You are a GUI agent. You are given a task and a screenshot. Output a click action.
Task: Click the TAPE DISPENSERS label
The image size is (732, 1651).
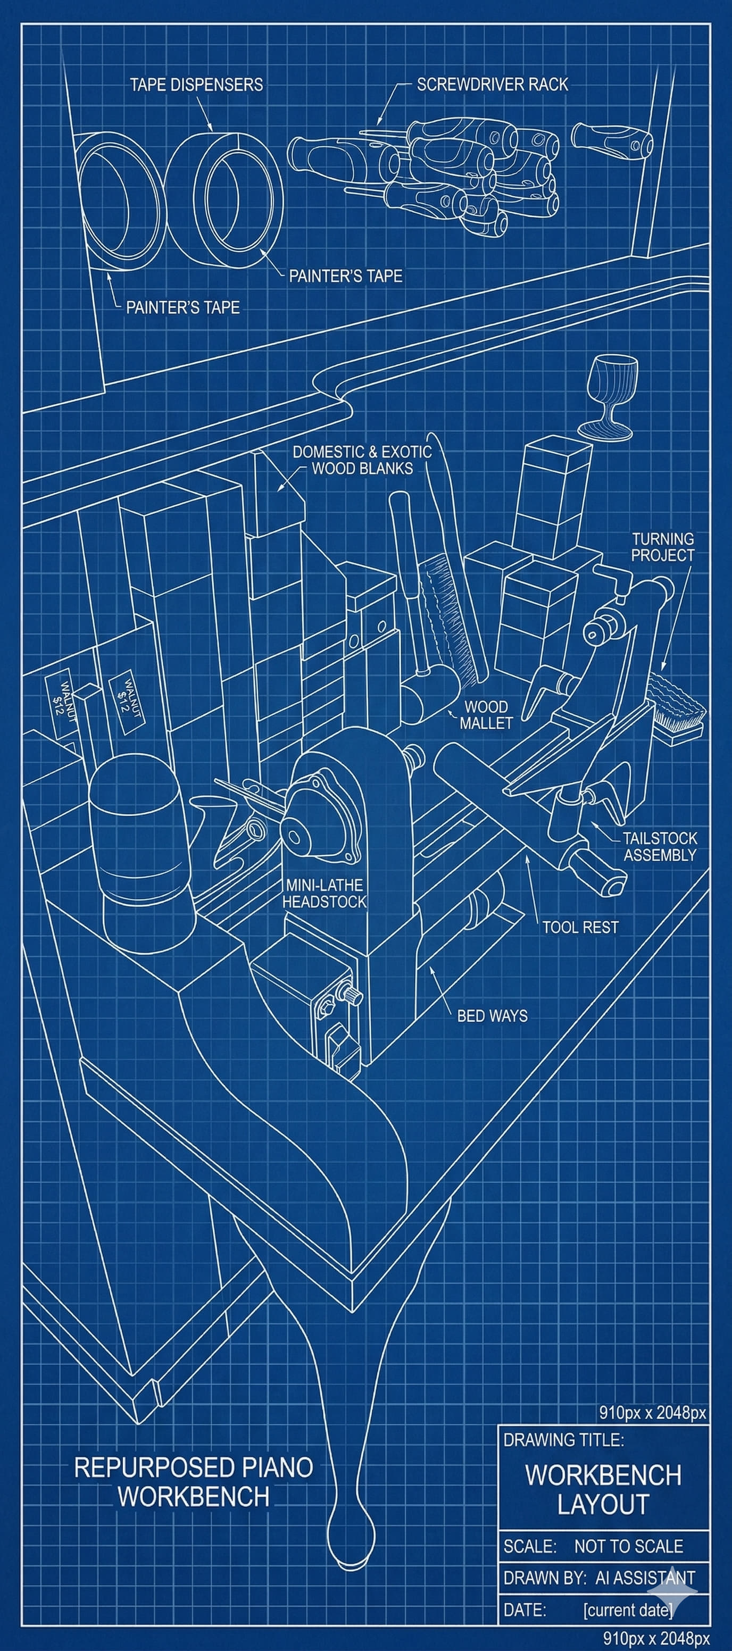pyautogui.click(x=196, y=85)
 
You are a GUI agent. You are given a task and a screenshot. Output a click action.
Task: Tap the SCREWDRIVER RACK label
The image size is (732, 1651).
pyautogui.click(x=492, y=84)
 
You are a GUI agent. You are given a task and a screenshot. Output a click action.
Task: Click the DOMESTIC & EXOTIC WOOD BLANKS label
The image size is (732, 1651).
pyautogui.click(x=362, y=460)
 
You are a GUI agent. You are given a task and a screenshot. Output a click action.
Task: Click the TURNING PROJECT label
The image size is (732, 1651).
pyautogui.click(x=663, y=547)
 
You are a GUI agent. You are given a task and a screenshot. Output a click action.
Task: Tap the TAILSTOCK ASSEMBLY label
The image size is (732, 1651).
pyautogui.click(x=660, y=846)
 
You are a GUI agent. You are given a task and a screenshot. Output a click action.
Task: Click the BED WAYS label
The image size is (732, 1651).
pyautogui.click(x=492, y=1015)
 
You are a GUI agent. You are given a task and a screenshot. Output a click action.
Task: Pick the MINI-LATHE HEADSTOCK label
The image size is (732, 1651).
pyautogui.click(x=325, y=893)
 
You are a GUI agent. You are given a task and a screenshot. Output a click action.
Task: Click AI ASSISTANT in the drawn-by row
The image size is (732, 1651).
pyautogui.click(x=644, y=1577)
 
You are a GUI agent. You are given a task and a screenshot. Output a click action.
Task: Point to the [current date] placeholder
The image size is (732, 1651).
pyautogui.click(x=628, y=1610)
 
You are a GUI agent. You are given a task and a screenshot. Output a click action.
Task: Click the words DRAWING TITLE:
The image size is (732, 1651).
pyautogui.click(x=563, y=1439)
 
